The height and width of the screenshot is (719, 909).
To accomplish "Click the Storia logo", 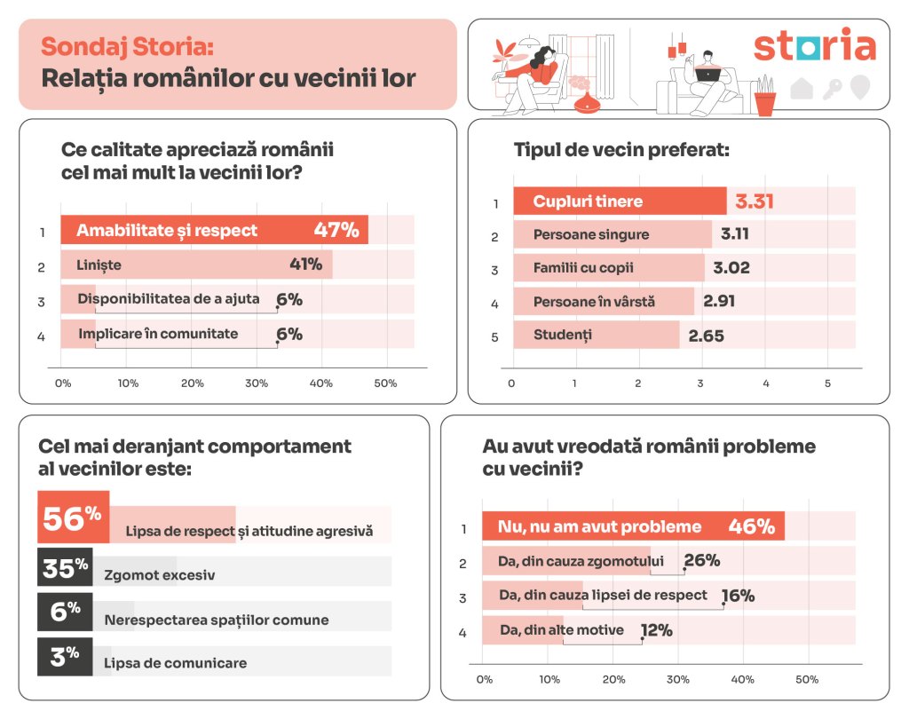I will point(814,46).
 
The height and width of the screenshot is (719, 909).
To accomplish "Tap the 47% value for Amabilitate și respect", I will point(336,230).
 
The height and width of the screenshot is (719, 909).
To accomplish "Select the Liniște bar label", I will point(99,265).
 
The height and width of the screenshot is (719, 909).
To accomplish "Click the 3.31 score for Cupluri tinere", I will point(754,201).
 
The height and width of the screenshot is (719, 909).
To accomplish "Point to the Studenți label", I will point(562,335).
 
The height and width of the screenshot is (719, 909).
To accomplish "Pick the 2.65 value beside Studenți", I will point(707,335).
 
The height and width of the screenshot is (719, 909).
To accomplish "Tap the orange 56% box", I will point(73,518).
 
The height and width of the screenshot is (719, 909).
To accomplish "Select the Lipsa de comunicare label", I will point(175,663).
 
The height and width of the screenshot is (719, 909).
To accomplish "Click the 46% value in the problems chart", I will point(751,526).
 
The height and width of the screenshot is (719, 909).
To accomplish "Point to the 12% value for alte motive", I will point(656,630).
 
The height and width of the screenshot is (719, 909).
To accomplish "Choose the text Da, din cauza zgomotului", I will point(581,561).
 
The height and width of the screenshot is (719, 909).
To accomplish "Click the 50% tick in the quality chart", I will point(385,383).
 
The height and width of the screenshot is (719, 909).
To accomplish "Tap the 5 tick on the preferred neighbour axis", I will point(827,383).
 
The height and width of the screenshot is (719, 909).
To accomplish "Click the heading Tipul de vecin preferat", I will point(621,150).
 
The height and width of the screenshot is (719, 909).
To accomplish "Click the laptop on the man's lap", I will point(707,75).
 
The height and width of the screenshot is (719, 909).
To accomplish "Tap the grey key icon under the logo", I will point(832,88).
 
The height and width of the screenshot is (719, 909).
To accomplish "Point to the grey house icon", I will point(802,88).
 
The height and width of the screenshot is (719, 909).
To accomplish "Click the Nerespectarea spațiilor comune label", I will point(217,620).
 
